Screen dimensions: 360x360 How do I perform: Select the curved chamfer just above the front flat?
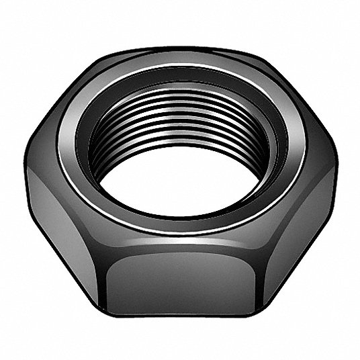(180, 245)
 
